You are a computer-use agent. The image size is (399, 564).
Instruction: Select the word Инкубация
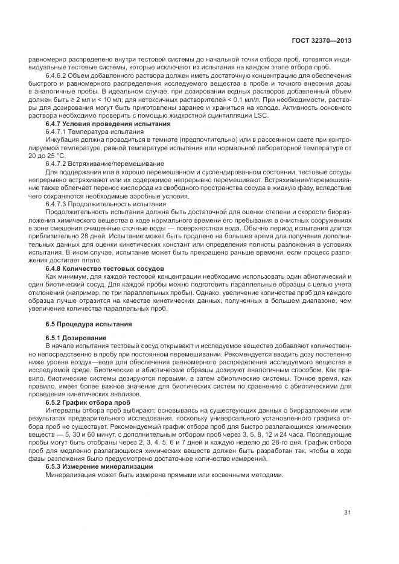click(63, 139)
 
